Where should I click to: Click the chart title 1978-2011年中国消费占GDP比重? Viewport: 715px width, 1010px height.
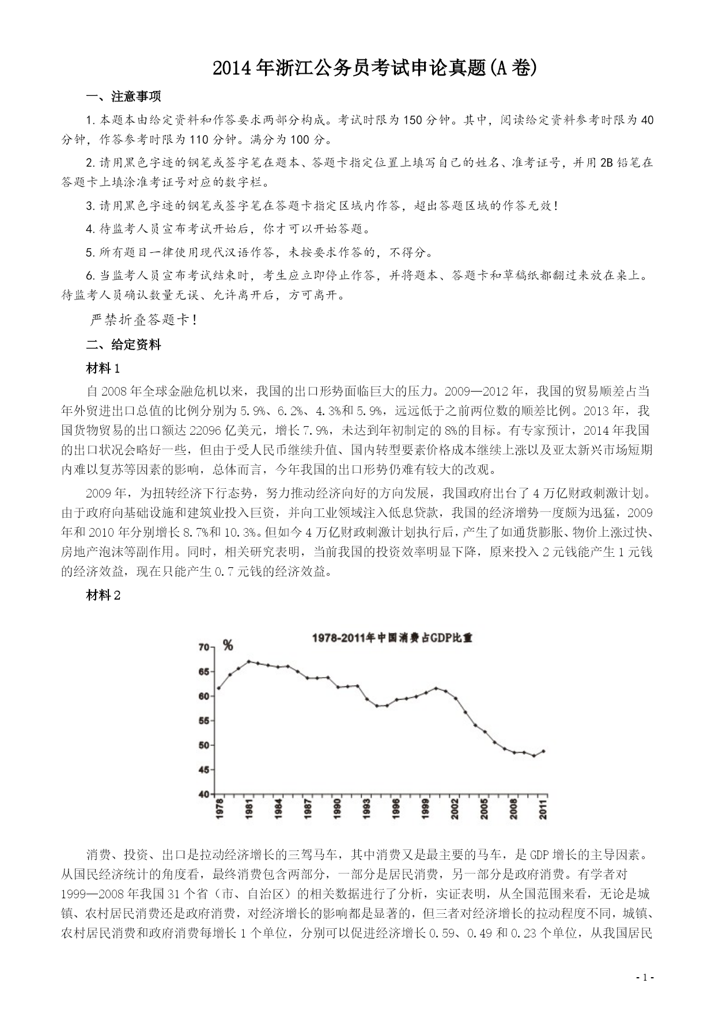pos(392,638)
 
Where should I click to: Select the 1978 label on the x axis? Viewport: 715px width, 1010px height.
pos(220,808)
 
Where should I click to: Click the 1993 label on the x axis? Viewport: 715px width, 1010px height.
pos(366,808)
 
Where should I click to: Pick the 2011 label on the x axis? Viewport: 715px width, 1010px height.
pos(543,808)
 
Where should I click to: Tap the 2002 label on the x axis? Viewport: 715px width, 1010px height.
pos(455,808)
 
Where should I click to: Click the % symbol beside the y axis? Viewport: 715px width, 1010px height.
pos(228,646)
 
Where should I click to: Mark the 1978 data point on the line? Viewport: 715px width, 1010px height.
pos(219,688)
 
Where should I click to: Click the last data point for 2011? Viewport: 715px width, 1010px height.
pos(544,751)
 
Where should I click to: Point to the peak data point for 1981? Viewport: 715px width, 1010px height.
pos(248,662)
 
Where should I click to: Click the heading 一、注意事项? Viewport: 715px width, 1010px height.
pos(123,96)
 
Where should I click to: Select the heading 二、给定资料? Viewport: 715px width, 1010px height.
pos(123,345)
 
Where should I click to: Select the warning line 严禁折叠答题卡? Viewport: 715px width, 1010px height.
pos(145,320)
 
